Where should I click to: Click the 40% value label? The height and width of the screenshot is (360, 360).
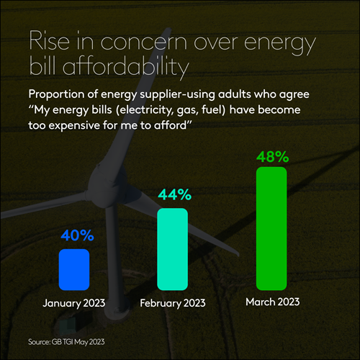coord(74,235)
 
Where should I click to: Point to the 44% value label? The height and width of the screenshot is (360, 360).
coord(173,194)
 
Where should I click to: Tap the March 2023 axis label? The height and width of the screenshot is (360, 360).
coord(271,301)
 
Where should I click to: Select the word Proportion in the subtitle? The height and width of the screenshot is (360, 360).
coord(57,95)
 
